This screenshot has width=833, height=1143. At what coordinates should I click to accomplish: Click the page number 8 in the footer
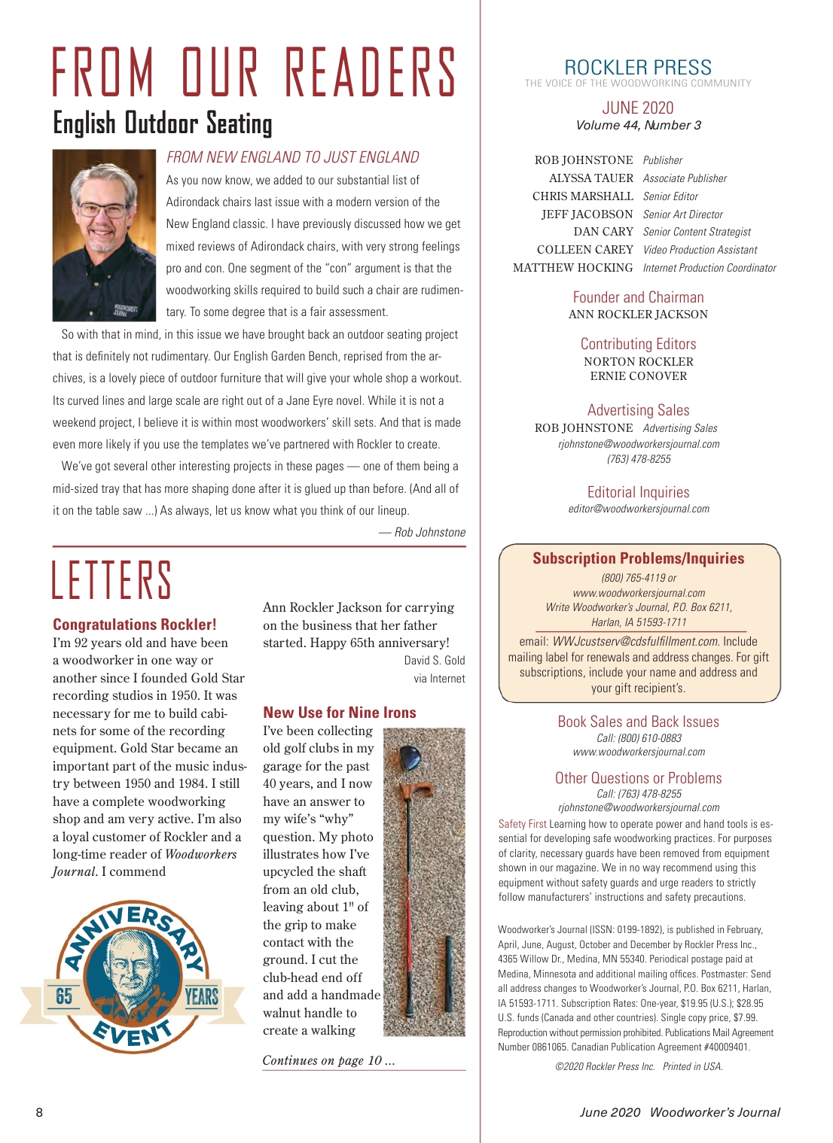tap(40, 1112)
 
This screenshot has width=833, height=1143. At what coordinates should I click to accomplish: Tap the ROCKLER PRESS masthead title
tap(638, 68)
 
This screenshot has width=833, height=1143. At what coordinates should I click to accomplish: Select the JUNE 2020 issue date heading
tap(638, 108)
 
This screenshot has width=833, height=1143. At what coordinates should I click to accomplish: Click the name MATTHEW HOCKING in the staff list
tap(573, 268)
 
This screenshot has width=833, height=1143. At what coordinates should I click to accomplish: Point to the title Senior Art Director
tap(682, 214)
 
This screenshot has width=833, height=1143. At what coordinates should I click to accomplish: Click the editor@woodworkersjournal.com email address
tap(639, 509)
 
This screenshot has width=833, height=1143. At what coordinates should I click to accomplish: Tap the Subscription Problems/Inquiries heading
tap(639, 558)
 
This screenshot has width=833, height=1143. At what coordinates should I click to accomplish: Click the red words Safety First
tap(522, 824)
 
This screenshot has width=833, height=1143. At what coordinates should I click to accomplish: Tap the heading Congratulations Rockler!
tap(135, 625)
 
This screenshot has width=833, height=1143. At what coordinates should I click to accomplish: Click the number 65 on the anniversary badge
tap(65, 996)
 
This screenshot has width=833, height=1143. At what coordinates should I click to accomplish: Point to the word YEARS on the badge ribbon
tap(201, 997)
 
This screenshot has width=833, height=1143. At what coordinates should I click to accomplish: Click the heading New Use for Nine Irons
tap(340, 713)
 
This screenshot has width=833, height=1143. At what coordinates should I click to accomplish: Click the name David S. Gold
tap(435, 661)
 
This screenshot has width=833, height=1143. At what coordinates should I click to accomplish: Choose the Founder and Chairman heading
tap(638, 297)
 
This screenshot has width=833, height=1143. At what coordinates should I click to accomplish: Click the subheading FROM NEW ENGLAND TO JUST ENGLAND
tap(293, 157)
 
